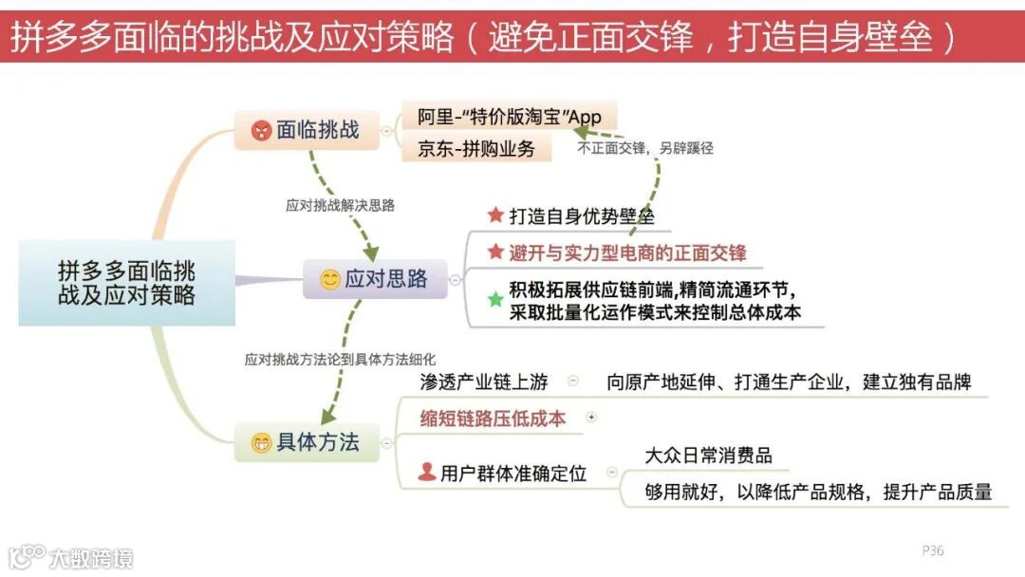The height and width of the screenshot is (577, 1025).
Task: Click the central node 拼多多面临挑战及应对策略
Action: (126, 283)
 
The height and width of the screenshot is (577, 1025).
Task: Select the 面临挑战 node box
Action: (307, 130)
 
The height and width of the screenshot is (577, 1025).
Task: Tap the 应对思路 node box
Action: (375, 279)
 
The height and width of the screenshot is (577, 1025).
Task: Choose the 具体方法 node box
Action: (307, 442)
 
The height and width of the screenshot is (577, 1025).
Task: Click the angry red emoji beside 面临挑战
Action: (262, 131)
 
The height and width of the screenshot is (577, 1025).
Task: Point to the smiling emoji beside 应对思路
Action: (329, 280)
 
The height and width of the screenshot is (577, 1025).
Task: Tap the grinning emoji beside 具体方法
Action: (261, 443)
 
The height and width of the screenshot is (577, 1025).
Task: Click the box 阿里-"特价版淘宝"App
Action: (509, 117)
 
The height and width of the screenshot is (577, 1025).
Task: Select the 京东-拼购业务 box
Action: (475, 148)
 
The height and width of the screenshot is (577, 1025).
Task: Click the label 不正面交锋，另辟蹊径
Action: (645, 148)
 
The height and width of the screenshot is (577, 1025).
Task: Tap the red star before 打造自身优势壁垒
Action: (494, 215)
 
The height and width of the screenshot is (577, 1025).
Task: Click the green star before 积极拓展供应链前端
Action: (494, 300)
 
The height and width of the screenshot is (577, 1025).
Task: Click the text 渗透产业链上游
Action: (484, 382)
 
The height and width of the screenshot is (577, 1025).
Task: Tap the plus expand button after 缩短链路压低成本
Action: (592, 417)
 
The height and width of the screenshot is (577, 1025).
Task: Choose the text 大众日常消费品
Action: (708, 455)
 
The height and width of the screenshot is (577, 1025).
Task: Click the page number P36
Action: (932, 550)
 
